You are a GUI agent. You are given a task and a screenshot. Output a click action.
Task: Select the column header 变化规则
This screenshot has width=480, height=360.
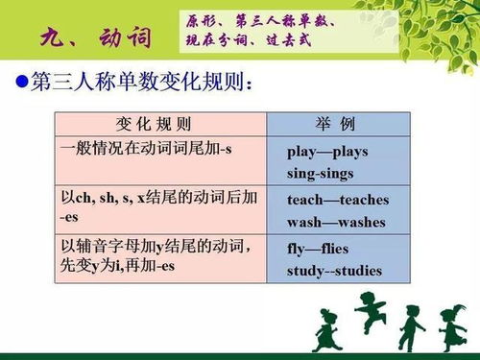coord(154,125)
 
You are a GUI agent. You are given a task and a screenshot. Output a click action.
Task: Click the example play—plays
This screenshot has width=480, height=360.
coord(327,152)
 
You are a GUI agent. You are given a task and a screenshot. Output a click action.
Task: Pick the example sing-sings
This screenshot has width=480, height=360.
coord(321,174)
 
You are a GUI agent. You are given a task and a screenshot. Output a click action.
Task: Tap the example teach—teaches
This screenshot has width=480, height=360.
coord(338,200)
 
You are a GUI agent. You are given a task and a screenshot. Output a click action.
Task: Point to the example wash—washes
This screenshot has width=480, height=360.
coord(336,222)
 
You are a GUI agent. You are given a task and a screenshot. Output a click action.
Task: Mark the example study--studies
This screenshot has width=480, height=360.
coord(334,271)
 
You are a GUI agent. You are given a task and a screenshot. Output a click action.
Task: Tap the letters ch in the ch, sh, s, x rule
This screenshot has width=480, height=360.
coord(83,198)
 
